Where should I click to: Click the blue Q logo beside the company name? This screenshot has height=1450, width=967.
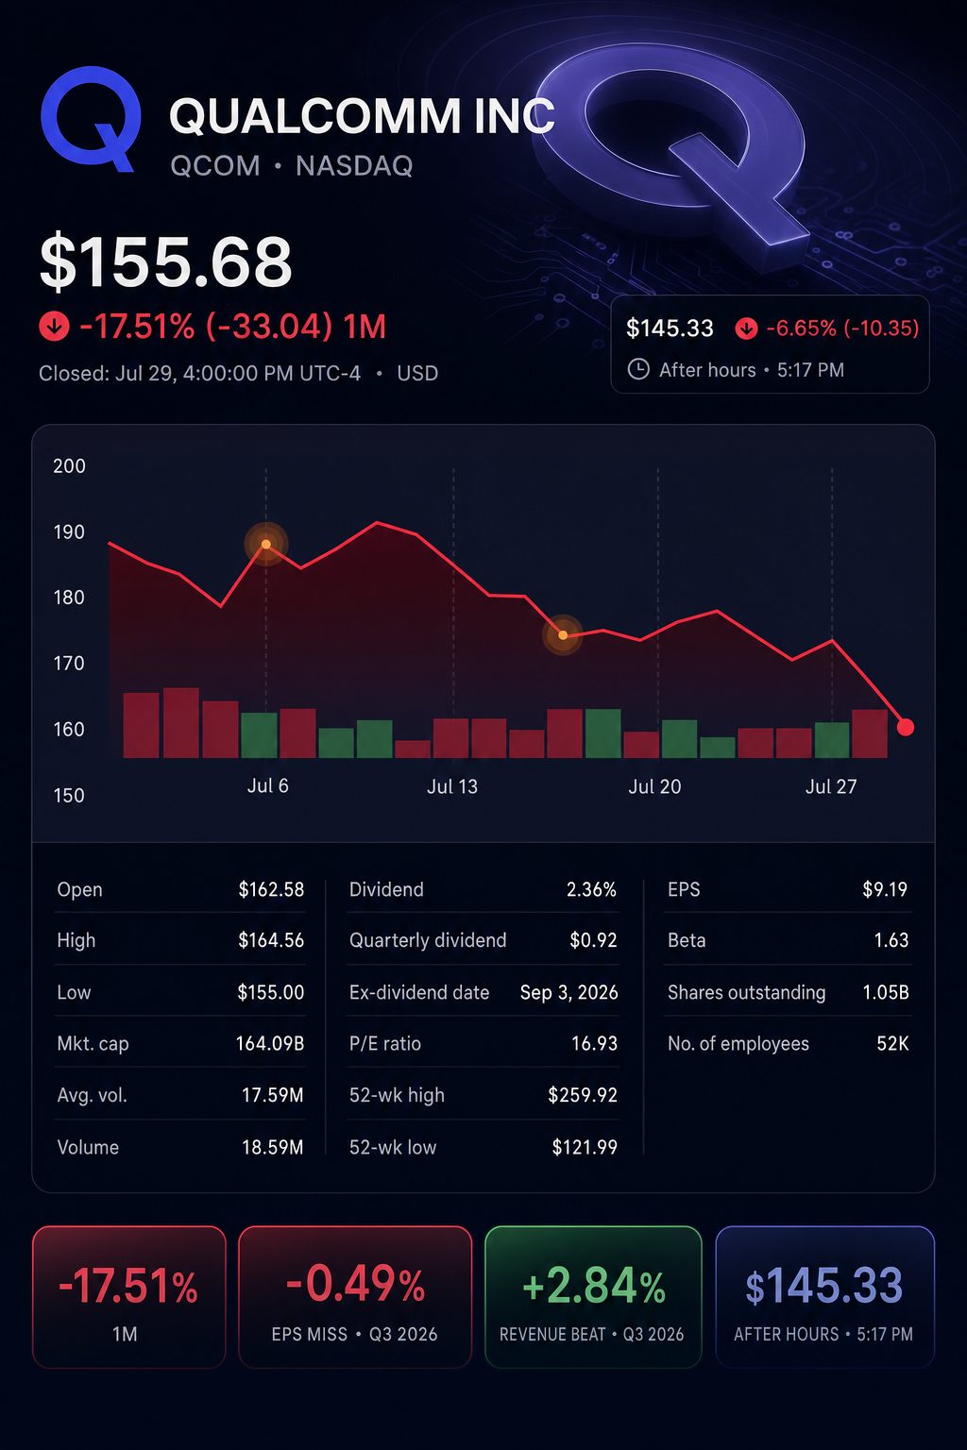[x=91, y=118]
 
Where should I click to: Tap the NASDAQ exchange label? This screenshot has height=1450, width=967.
[x=354, y=166]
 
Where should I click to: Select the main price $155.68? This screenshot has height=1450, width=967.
[x=166, y=261]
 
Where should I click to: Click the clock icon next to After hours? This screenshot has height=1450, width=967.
[x=638, y=370]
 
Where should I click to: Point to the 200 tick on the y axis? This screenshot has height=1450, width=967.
[x=69, y=466]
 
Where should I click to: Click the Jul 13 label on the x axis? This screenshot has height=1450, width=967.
[x=452, y=786]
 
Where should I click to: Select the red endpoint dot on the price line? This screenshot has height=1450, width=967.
[x=906, y=727]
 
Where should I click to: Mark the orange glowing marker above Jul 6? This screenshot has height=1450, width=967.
[x=266, y=544]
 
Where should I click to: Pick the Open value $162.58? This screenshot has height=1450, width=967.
[x=271, y=889]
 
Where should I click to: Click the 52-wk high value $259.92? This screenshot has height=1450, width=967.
[x=583, y=1095]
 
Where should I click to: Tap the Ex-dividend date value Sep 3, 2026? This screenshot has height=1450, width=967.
[x=568, y=992]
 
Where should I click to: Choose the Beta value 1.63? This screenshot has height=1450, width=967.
[x=891, y=940]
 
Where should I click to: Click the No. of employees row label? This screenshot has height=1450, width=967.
[x=738, y=1043]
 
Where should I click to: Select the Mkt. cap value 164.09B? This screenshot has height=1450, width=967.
[x=270, y=1043]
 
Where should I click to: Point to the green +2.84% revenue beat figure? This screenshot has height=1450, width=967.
[x=594, y=1286]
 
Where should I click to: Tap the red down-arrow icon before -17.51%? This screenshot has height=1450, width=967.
[x=54, y=326]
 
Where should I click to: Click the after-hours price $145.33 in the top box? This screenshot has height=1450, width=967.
[x=670, y=329]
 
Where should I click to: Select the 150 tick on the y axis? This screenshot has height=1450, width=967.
[x=69, y=795]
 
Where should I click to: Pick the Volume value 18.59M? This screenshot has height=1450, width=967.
[x=272, y=1148]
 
